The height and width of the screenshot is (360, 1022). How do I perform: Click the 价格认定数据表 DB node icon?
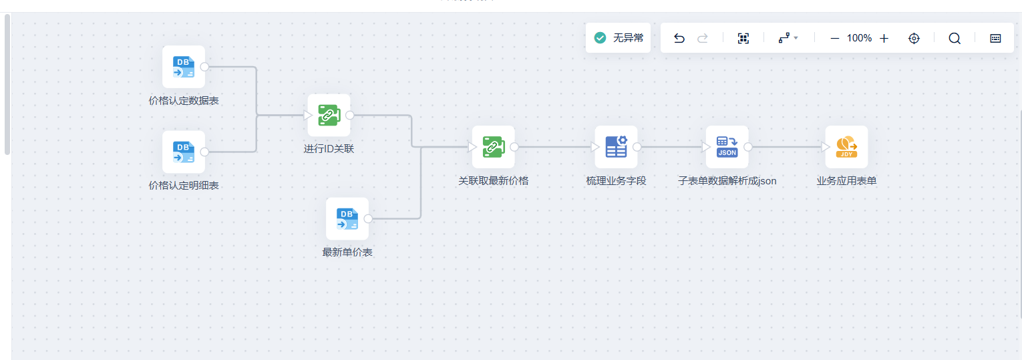coord(184,67)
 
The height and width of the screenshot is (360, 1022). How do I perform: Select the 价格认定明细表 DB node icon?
coord(184,152)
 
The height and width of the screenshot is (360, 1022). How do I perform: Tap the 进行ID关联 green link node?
coord(329,115)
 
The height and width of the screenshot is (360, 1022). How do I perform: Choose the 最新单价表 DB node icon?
coord(347,218)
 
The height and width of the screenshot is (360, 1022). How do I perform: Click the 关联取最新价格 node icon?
coord(493,147)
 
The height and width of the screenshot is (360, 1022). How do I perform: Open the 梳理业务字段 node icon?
coord(616,147)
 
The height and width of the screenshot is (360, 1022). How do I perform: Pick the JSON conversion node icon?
coord(727,147)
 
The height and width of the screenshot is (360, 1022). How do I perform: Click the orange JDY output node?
coord(846,147)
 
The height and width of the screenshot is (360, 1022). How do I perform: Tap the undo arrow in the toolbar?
coord(679,38)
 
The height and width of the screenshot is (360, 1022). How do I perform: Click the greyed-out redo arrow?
coord(703,38)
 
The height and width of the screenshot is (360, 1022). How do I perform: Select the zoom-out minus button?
coord(834,38)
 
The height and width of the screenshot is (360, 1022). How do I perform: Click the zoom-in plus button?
coord(884,38)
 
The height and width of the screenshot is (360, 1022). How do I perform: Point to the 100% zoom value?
coord(859,38)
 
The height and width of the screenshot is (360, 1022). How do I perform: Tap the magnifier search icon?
coord(955,38)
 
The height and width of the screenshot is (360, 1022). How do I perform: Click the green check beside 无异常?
coord(600,38)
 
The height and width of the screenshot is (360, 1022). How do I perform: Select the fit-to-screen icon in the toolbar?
coord(743,38)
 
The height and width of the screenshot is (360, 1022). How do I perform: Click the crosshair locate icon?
coord(914,38)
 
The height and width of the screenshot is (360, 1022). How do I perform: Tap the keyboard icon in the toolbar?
coord(995,38)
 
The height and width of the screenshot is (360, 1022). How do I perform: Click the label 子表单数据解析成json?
coord(727,181)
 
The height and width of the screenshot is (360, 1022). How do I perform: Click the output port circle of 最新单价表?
coord(368,218)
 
